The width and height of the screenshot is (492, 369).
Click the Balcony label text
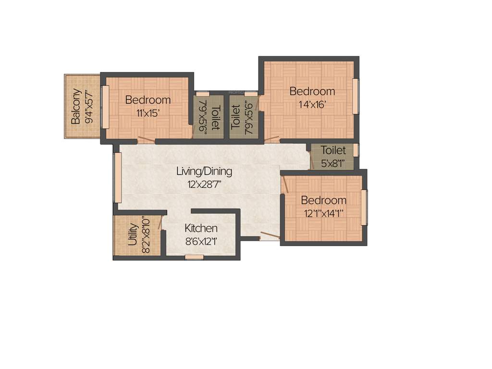75,107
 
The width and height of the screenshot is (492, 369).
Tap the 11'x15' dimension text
148,114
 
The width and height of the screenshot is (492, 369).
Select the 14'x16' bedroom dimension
312,104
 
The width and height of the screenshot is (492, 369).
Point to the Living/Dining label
204,171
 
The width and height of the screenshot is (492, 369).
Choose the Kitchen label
201,229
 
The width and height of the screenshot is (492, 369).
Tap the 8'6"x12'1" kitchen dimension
201,242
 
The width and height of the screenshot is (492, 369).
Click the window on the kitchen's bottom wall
194,257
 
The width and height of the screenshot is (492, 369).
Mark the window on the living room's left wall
117,178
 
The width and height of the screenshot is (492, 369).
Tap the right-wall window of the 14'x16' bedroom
356,96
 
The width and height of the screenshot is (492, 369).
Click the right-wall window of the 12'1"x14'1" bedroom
364,208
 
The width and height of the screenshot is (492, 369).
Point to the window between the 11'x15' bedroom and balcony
105,107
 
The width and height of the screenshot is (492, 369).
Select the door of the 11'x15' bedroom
146,140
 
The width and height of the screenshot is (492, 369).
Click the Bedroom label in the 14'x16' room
312,91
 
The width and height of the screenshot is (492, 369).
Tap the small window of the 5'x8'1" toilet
356,150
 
